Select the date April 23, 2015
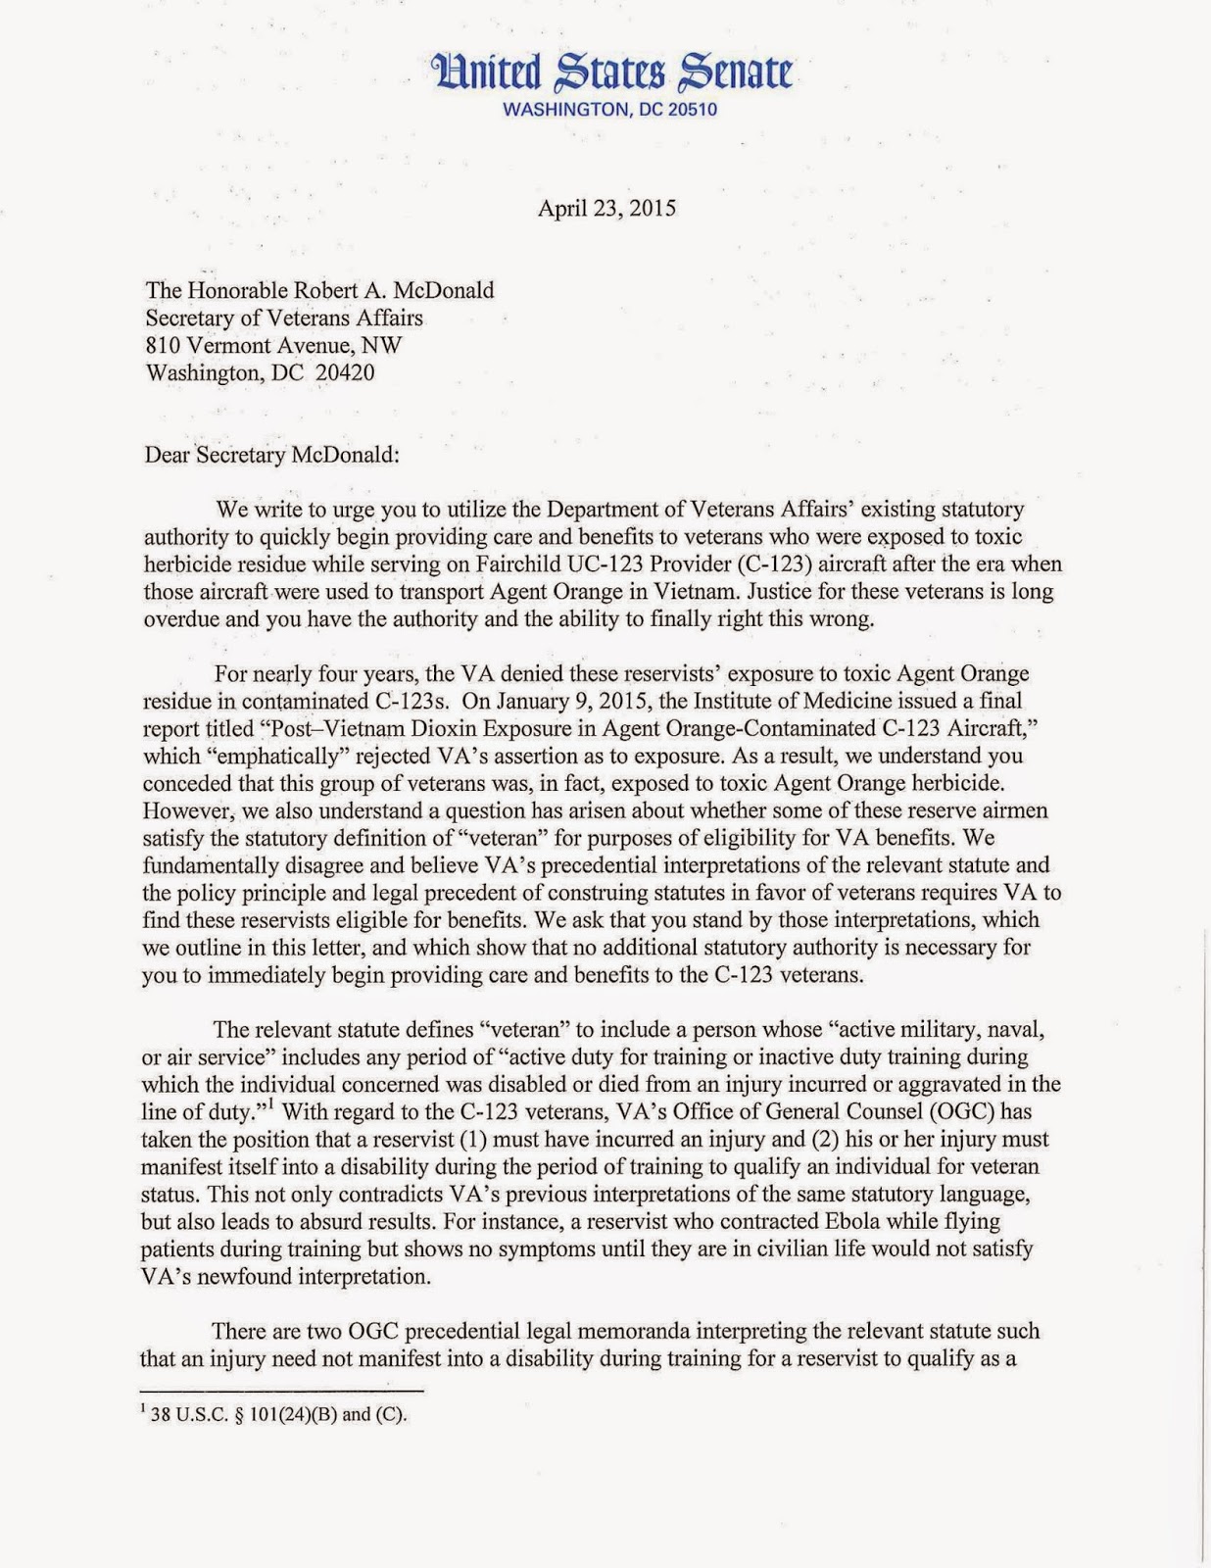pyautogui.click(x=605, y=208)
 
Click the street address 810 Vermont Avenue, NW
pyautogui.click(x=273, y=345)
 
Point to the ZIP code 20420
pyautogui.click(x=344, y=372)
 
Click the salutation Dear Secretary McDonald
pyautogui.click(x=273, y=455)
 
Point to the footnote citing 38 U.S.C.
pyautogui.click(x=274, y=1415)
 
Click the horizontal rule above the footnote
pyautogui.click(x=283, y=1392)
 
